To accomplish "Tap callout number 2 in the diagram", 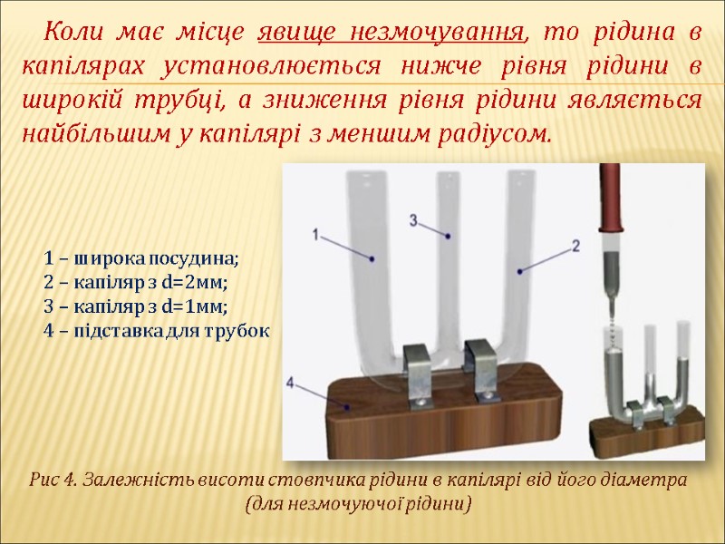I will [x=575, y=245].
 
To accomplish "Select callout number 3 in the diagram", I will [x=413, y=219].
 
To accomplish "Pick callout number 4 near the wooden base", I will [x=292, y=384].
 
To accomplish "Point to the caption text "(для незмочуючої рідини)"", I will [x=360, y=501].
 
